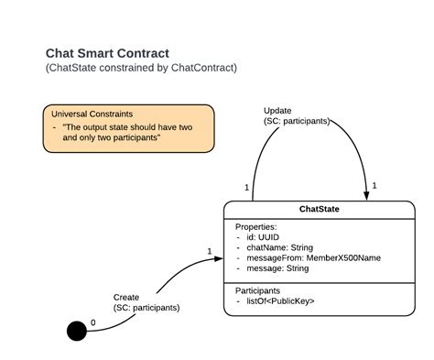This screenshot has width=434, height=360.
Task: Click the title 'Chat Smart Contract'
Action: [x=106, y=54]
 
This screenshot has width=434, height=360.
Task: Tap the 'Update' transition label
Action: [x=277, y=110]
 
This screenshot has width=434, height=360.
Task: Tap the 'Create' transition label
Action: [x=126, y=297]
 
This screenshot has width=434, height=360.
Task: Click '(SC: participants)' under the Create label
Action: [x=146, y=308]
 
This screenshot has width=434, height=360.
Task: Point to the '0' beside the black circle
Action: [x=92, y=322]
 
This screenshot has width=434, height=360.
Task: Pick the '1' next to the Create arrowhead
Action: [x=209, y=251]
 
